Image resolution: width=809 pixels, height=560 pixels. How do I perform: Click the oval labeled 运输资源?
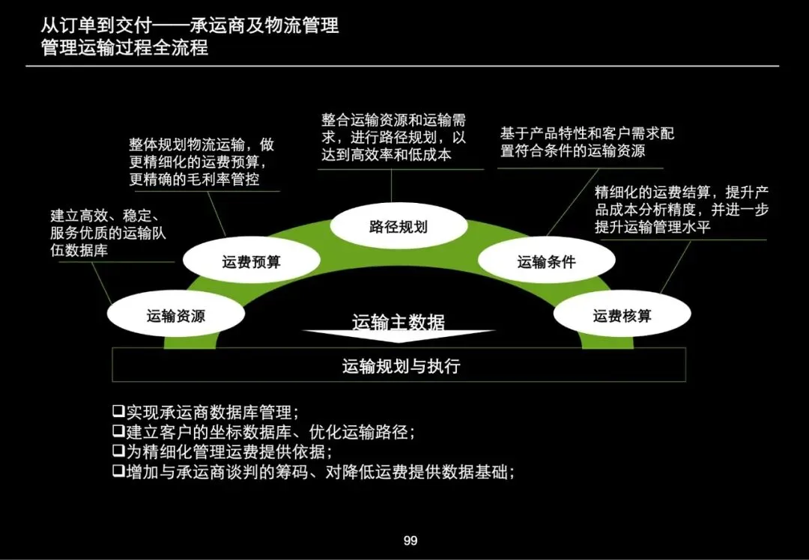(175, 316)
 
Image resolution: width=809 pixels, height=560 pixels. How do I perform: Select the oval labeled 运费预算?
(251, 262)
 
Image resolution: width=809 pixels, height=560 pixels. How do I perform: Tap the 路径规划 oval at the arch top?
(398, 226)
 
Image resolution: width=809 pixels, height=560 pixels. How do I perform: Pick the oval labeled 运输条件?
(546, 262)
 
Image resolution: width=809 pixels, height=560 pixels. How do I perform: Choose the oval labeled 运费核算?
(622, 316)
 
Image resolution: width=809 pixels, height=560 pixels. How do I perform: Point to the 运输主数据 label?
(399, 323)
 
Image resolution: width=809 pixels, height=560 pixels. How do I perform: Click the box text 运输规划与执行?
(401, 366)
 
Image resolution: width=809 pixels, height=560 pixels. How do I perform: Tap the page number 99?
(410, 541)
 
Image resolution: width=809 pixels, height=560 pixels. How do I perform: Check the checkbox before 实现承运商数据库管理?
(118, 411)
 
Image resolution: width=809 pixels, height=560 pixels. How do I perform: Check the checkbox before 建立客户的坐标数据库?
(118, 431)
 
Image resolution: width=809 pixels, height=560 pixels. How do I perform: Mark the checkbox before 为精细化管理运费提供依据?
(118, 451)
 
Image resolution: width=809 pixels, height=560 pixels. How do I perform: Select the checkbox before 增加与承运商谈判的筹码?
(118, 472)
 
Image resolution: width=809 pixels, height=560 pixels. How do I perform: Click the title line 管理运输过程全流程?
(125, 49)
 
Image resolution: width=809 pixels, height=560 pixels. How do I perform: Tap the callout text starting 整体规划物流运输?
(202, 161)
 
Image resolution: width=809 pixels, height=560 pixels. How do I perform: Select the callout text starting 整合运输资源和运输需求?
(394, 137)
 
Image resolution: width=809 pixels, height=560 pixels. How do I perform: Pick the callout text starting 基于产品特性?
(587, 141)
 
